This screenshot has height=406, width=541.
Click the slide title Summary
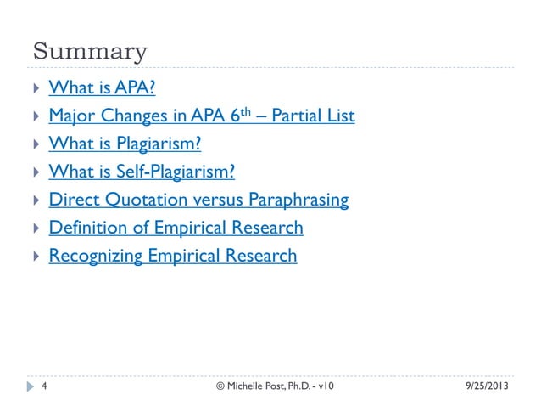click(x=89, y=52)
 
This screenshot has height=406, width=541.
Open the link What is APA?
click(x=102, y=87)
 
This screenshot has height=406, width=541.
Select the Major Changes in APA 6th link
click(x=201, y=115)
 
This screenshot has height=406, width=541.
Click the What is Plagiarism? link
click(x=125, y=143)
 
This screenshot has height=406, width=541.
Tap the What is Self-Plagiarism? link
click(x=142, y=171)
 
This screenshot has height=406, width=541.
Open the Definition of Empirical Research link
click(x=176, y=227)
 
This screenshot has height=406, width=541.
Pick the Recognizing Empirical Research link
click(x=173, y=255)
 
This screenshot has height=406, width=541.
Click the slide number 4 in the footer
click(x=43, y=387)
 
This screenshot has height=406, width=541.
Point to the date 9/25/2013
click(x=488, y=387)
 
